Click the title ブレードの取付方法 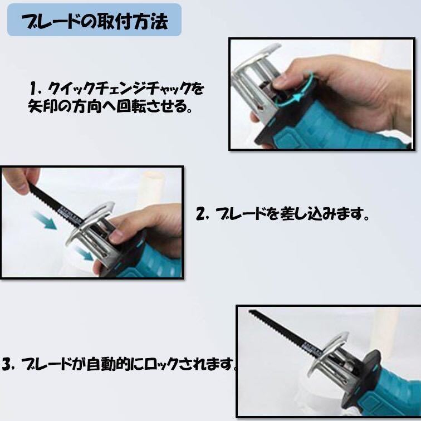[x=95, y=21]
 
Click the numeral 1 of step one [x=33, y=89]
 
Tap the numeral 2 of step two [x=200, y=214]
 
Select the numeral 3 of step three [x=6, y=364]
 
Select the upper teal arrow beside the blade [x=45, y=220]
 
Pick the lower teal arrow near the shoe [x=84, y=254]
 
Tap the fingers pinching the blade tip [x=19, y=179]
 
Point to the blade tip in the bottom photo [x=249, y=311]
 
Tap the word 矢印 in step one [x=42, y=106]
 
